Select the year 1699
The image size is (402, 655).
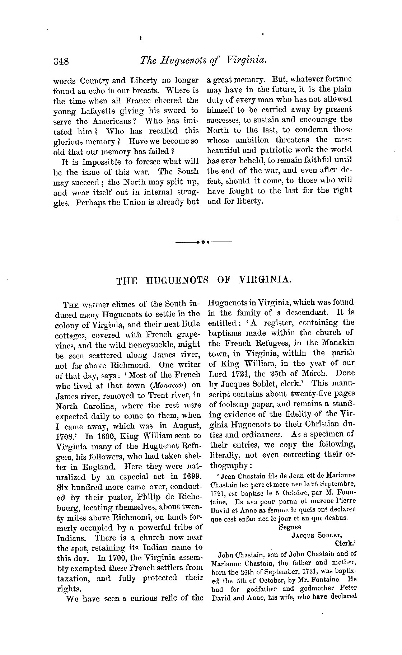click(x=190, y=477)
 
